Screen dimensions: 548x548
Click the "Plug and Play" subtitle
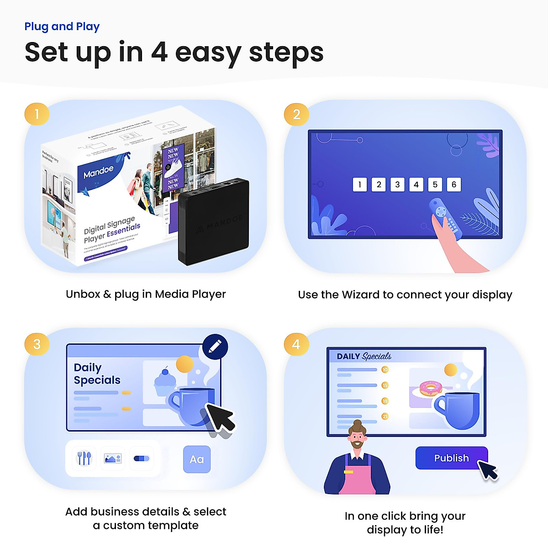tap(62, 26)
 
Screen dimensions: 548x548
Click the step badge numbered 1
tap(37, 113)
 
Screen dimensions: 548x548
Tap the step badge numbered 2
tap(296, 114)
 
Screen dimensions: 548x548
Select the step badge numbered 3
tap(37, 344)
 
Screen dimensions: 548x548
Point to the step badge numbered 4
tap(296, 344)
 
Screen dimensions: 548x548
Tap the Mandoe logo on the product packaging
tap(98, 172)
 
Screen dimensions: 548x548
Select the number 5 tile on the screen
tap(435, 184)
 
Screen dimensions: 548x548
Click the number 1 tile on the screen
tap(360, 184)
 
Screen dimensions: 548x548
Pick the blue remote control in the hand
tap(444, 217)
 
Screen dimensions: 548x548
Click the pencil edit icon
tap(215, 347)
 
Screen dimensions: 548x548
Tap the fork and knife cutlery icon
tap(84, 458)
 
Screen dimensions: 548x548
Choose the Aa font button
tap(197, 459)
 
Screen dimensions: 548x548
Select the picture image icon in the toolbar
tap(112, 458)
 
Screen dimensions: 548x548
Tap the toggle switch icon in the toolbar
tap(142, 458)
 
